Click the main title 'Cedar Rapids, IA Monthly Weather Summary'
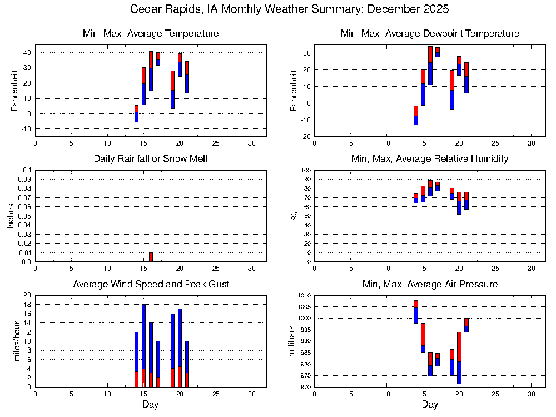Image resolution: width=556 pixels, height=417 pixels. tap(289, 9)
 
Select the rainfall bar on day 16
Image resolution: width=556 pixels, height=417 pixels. tap(151, 257)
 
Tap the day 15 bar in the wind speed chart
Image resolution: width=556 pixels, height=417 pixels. tap(143, 345)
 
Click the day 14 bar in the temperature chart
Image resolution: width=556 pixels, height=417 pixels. tap(136, 113)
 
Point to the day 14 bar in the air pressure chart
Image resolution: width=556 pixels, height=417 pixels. tap(416, 312)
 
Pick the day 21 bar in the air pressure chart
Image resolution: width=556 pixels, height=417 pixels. tap(466, 325)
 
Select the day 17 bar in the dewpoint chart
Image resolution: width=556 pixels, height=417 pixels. tap(438, 52)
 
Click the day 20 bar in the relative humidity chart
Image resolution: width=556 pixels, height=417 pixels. tap(459, 203)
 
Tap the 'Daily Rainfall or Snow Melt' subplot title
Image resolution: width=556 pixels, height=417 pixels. tap(151, 159)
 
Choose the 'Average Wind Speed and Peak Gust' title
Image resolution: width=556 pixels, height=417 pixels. tap(151, 285)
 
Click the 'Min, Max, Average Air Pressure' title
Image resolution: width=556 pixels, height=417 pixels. tap(430, 285)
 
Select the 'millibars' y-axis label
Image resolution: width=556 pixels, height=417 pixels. tap(291, 341)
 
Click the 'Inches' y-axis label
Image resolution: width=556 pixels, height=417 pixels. tap(11, 216)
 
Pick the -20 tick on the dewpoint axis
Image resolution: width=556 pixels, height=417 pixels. tap(304, 136)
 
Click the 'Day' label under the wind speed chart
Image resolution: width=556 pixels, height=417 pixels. tap(151, 405)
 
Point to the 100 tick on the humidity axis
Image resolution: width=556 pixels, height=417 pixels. tap(305, 170)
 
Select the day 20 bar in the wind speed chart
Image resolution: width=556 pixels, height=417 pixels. tap(180, 348)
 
